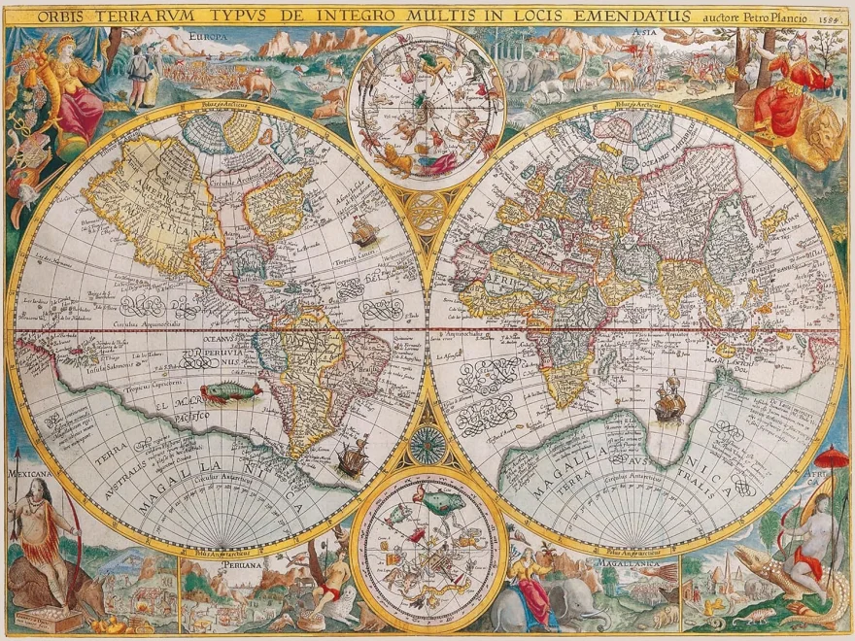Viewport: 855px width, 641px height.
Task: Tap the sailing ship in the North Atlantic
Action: click(362, 230)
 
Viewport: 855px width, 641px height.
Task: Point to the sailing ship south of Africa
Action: click(667, 400)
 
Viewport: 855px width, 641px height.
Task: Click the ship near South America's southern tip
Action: click(353, 456)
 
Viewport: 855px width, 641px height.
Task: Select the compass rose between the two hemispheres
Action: click(427, 445)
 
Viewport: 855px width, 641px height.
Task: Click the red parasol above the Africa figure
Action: click(832, 456)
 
